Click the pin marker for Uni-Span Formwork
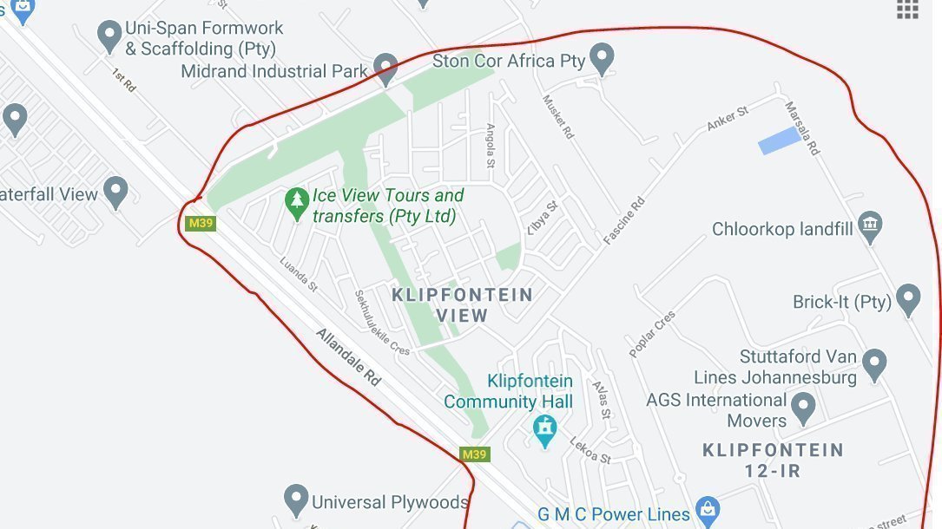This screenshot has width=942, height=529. coord(109,36)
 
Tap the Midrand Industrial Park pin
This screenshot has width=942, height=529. coord(385,68)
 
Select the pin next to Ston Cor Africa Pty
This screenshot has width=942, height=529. coord(601,59)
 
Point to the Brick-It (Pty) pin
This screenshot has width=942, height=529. coord(907,300)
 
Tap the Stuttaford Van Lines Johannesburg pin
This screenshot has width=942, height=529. coord(874,364)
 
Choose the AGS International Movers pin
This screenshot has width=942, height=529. coord(804,408)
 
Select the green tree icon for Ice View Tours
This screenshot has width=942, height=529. coord(297,205)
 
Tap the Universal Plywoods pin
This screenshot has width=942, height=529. coord(296,500)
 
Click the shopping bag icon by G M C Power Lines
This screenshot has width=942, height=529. coord(708,512)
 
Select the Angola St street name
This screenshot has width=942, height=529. coord(491,145)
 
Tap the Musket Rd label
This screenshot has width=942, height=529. coord(558,117)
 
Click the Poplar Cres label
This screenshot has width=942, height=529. coord(652,333)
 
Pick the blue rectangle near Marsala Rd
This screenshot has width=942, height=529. coord(779,140)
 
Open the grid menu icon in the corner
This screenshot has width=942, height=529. coord(907,9)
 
